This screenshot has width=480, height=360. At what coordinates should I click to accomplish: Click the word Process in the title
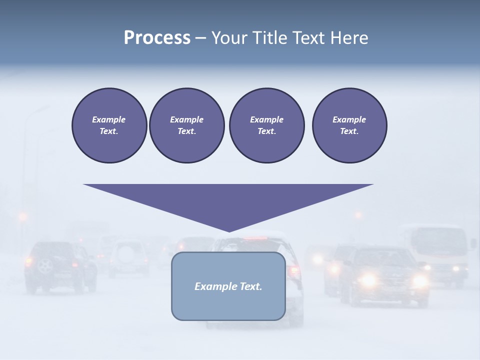pyautogui.click(x=157, y=38)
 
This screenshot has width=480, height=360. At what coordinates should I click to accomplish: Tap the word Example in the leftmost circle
pyautogui.click(x=109, y=119)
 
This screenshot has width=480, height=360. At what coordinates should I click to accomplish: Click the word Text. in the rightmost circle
pyautogui.click(x=349, y=131)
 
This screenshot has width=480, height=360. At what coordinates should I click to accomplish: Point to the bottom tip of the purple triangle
pyautogui.click(x=229, y=230)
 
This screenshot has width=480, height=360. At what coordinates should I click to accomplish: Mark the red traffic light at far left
pyautogui.click(x=22, y=216)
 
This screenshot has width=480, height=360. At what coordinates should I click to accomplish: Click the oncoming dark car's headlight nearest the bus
pyautogui.click(x=420, y=280)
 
